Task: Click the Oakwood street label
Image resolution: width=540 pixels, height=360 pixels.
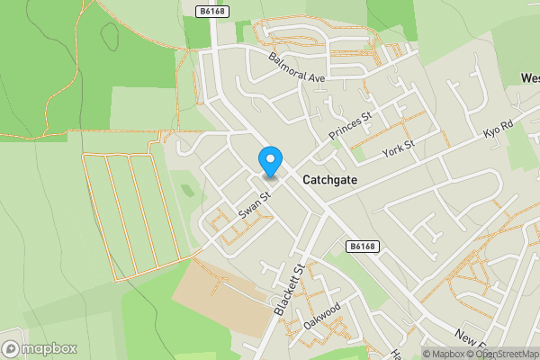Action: pyautogui.click(x=322, y=316)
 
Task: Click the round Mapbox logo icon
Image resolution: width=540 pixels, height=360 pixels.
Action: pyautogui.click(x=12, y=348)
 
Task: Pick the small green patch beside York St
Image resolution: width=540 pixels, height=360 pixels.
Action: pyautogui.click(x=361, y=154)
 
